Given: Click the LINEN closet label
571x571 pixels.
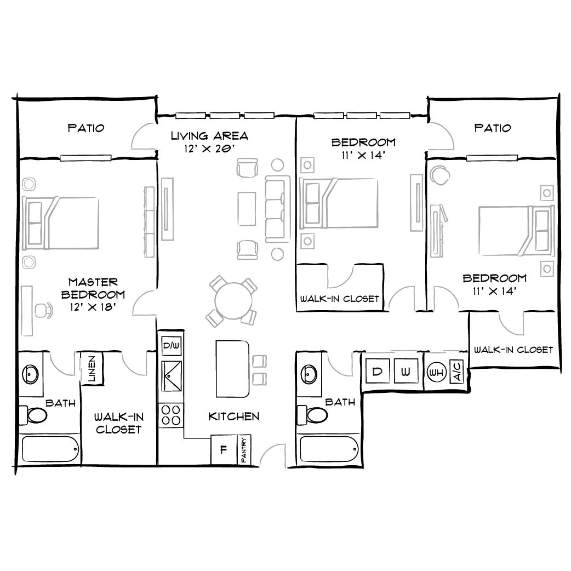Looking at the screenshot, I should pyautogui.click(x=92, y=369).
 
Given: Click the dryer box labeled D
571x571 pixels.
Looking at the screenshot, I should pyautogui.click(x=377, y=372).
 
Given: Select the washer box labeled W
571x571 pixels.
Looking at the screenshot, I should pyautogui.click(x=406, y=372).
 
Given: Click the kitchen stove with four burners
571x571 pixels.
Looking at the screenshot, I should pyautogui.click(x=171, y=415).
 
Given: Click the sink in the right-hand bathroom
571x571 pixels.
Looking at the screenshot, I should pyautogui.click(x=309, y=375).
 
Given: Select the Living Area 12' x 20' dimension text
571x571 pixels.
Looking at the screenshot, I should pyautogui.click(x=209, y=149).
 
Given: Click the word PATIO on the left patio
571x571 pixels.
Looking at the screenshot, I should pyautogui.click(x=86, y=128).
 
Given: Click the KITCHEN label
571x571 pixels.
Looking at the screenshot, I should pyautogui.click(x=234, y=417).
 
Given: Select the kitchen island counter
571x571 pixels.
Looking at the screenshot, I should pyautogui.click(x=232, y=368).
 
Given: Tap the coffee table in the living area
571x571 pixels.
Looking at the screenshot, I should pyautogui.click(x=246, y=208).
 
